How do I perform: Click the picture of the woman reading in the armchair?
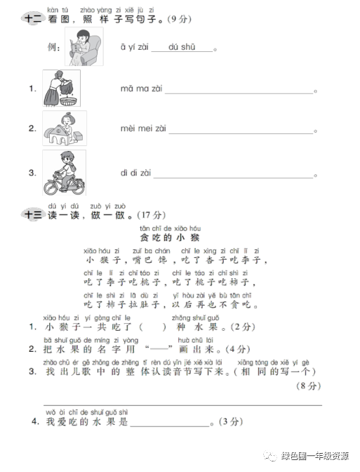tap(85, 48)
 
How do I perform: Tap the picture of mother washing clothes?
tap(61, 88)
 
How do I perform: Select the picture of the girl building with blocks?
tap(64, 128)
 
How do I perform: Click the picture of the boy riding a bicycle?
tap(64, 172)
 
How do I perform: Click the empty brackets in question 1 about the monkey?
tap(154, 328)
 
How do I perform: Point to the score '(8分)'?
tap(308, 386)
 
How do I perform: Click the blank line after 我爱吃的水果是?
tap(169, 424)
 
